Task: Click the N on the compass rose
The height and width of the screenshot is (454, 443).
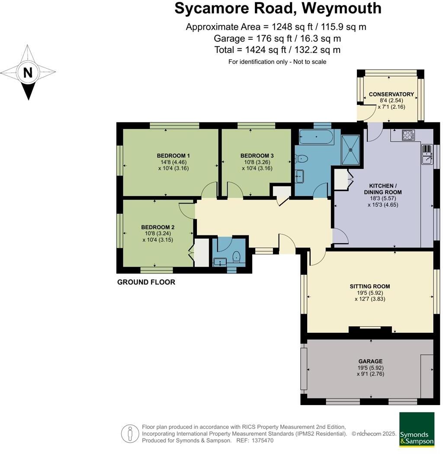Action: pos(28,73)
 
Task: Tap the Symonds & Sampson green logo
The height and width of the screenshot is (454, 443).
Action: pos(417,429)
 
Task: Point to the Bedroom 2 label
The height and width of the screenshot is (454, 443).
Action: pos(157,227)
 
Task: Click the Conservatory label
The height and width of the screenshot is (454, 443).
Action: pos(391,94)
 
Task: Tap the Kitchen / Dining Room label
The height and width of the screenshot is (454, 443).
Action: pos(382,189)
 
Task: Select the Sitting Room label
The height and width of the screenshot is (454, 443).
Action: pos(370,286)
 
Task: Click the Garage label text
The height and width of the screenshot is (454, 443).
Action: pos(370,361)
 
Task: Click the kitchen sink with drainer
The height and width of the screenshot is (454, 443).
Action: pos(427,155)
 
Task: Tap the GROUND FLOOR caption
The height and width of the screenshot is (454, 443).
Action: pos(146,282)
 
